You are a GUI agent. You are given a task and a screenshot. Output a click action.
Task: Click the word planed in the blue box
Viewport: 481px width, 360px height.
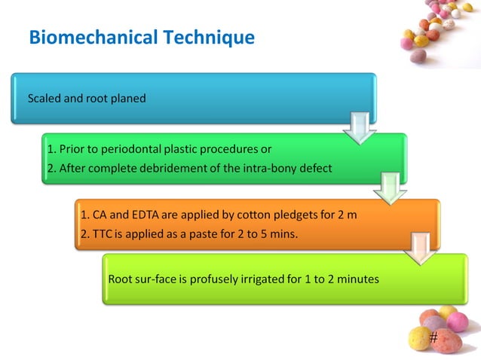click(x=130, y=98)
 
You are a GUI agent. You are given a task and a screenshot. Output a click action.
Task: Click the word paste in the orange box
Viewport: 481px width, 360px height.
click(x=204, y=233)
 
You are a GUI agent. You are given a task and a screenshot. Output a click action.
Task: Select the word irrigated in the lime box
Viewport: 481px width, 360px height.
click(x=256, y=279)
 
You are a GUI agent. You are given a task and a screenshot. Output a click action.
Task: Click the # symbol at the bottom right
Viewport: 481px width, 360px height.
click(x=433, y=338)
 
